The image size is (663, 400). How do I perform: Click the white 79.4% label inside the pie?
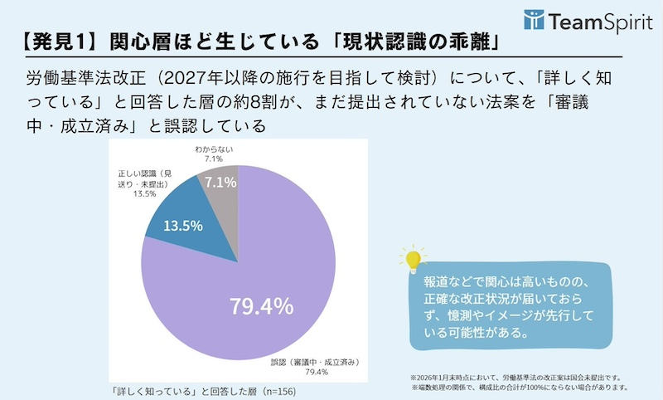tap(261, 306)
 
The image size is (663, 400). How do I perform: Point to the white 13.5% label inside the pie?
tap(183, 227)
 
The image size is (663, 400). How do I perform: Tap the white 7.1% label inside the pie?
tap(220, 182)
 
